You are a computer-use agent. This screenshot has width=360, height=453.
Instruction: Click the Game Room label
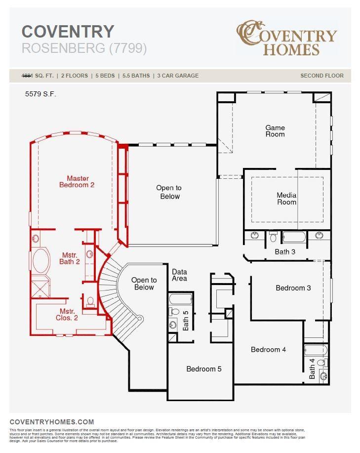(275, 131)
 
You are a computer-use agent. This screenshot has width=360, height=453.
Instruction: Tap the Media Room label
(286, 199)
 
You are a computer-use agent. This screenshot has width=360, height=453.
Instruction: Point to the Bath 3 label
(285, 252)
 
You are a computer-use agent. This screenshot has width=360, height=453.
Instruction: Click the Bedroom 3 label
(293, 288)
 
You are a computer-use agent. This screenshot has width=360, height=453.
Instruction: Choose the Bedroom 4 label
(268, 350)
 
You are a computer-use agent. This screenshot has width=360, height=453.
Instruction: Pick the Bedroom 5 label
(204, 369)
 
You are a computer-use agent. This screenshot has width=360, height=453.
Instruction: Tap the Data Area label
(179, 275)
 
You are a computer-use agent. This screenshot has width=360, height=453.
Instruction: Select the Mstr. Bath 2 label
(70, 258)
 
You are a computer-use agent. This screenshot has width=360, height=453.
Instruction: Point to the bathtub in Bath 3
(294, 237)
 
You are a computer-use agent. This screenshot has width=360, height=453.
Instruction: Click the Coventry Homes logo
(287, 38)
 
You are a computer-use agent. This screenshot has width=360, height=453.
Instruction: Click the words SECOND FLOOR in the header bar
(322, 76)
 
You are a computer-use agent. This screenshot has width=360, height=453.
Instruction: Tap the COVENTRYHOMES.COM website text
(52, 422)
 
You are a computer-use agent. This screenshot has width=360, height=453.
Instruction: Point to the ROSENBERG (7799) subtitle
(84, 48)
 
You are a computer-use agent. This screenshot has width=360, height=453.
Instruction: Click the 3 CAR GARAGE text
(178, 76)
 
